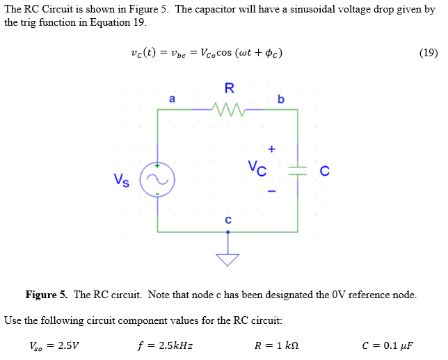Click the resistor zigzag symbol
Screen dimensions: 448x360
pyautogui.click(x=228, y=110)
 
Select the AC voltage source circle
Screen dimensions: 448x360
pyautogui.click(x=157, y=163)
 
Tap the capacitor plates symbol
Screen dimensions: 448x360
pyautogui.click(x=298, y=171)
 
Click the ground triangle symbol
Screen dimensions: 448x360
pyautogui.click(x=227, y=260)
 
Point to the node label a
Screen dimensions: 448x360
pyautogui.click(x=172, y=99)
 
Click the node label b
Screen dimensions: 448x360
pyautogui.click(x=281, y=99)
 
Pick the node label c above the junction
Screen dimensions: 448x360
pyautogui.click(x=228, y=220)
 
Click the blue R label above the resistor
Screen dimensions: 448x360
pyautogui.click(x=230, y=88)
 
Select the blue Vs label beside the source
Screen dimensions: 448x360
pyautogui.click(x=122, y=180)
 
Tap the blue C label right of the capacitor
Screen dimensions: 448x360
pyautogui.click(x=325, y=171)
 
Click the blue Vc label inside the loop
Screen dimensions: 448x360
pyautogui.click(x=257, y=168)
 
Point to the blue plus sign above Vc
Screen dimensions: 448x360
pyautogui.click(x=271, y=149)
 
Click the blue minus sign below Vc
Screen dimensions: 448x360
pyautogui.click(x=271, y=191)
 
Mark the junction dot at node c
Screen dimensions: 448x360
pyautogui.click(x=227, y=232)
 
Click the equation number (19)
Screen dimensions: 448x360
pyautogui.click(x=429, y=53)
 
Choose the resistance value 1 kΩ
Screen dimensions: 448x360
pyautogui.click(x=288, y=345)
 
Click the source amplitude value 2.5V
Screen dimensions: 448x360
pyautogui.click(x=69, y=345)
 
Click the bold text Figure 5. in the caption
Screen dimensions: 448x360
pyautogui.click(x=47, y=295)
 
